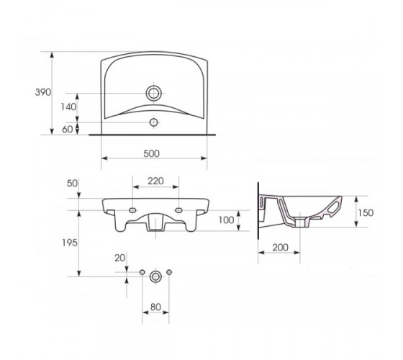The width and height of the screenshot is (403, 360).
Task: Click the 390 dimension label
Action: pyautogui.click(x=43, y=92)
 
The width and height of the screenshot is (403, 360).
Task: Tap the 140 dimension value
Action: pyautogui.click(x=68, y=107)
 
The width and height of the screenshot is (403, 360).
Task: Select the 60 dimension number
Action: pyautogui.click(x=68, y=130)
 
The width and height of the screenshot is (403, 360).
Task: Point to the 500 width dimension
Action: pyautogui.click(x=151, y=153)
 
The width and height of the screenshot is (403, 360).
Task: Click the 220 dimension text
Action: pyautogui.click(x=155, y=181)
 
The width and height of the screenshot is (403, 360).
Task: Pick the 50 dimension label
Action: pyautogui.click(x=72, y=184)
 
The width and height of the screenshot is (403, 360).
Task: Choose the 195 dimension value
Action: pyautogui.click(x=70, y=243)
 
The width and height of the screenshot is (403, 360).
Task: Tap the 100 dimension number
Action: pyautogui.click(x=226, y=220)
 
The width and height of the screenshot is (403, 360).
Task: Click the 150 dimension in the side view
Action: pyautogui.click(x=366, y=212)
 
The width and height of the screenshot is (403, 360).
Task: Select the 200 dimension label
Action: pyautogui.click(x=281, y=248)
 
